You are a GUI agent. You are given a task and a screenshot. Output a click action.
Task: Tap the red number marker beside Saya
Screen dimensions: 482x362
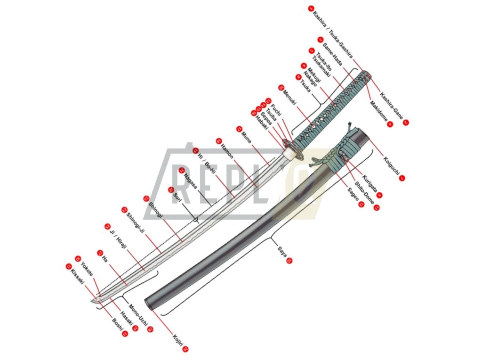(289, 260)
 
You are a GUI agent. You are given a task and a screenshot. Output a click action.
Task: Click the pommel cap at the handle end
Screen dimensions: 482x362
(368, 75)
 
